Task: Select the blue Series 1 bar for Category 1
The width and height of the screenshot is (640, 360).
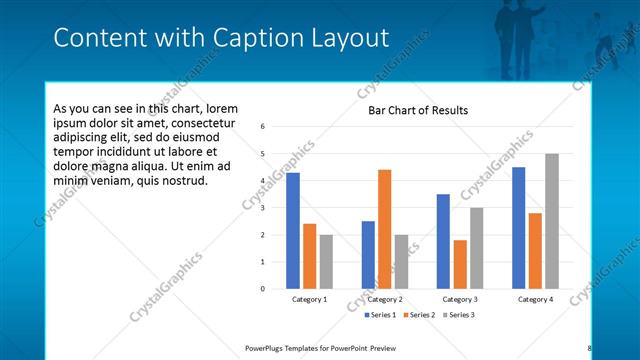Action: coord(293,230)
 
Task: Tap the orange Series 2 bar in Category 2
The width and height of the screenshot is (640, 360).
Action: coord(385,229)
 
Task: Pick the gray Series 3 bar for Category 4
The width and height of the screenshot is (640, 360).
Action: coord(551,221)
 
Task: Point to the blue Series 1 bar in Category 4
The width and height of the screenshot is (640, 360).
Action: coord(518,227)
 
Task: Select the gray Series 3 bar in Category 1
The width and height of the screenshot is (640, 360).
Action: coord(326,261)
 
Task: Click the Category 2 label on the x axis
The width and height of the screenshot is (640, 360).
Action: coord(385,299)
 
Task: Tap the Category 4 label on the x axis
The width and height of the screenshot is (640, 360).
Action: coord(535,299)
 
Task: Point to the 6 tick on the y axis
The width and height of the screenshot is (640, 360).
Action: coord(261,127)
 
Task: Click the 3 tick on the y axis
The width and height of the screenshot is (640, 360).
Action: coord(261,208)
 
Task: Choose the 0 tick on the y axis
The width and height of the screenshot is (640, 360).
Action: coord(261,289)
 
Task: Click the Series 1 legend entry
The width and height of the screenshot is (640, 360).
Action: coord(383,315)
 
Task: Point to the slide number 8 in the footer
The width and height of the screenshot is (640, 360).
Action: coord(590,348)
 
